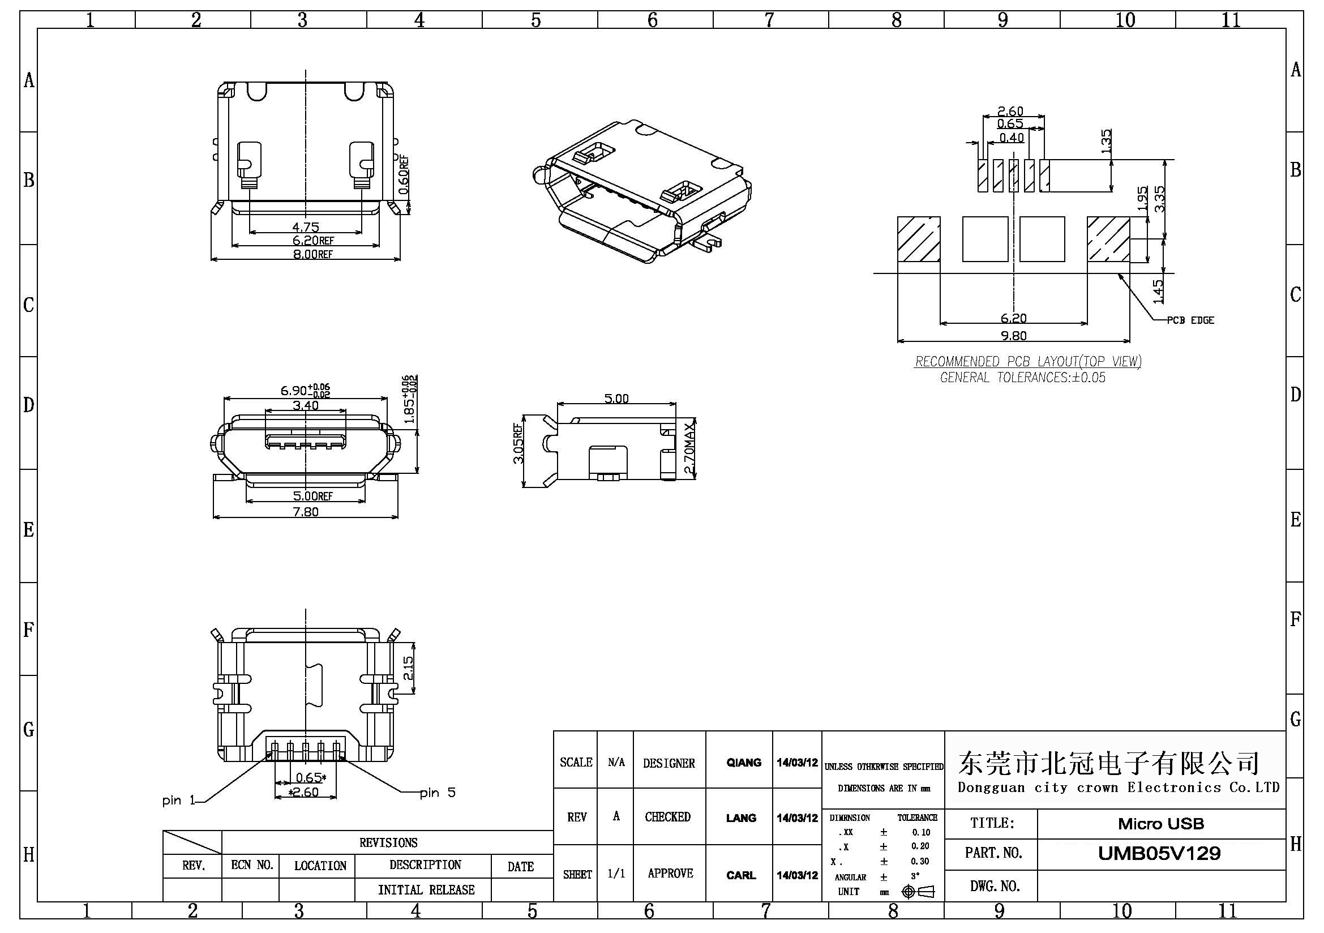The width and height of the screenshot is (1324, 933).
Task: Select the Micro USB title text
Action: (x=1161, y=824)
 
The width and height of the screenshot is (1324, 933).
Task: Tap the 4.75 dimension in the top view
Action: (x=306, y=226)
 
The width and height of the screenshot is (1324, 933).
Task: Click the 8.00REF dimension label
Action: (x=312, y=254)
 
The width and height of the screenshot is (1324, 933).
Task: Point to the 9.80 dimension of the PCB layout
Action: (x=1013, y=336)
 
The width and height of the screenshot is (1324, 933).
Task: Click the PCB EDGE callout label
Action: (x=1190, y=320)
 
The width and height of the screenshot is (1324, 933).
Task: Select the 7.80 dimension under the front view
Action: (x=306, y=511)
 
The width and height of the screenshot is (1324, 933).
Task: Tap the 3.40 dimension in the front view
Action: (x=306, y=405)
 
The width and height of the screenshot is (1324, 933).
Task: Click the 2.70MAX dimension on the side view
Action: (x=689, y=448)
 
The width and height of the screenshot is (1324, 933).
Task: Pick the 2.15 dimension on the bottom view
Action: (x=408, y=667)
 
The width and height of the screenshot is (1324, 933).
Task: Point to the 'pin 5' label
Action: (x=438, y=793)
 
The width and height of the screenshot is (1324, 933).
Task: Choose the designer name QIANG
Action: (x=743, y=763)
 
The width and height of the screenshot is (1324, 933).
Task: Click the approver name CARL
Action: (x=741, y=875)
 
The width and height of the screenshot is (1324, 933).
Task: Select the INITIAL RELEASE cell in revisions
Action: (x=426, y=890)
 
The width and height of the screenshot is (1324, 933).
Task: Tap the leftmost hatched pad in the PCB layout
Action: (x=919, y=239)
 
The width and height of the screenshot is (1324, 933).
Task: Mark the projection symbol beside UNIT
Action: (x=918, y=892)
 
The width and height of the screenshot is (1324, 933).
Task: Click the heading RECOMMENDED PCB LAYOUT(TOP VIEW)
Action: (x=1027, y=362)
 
